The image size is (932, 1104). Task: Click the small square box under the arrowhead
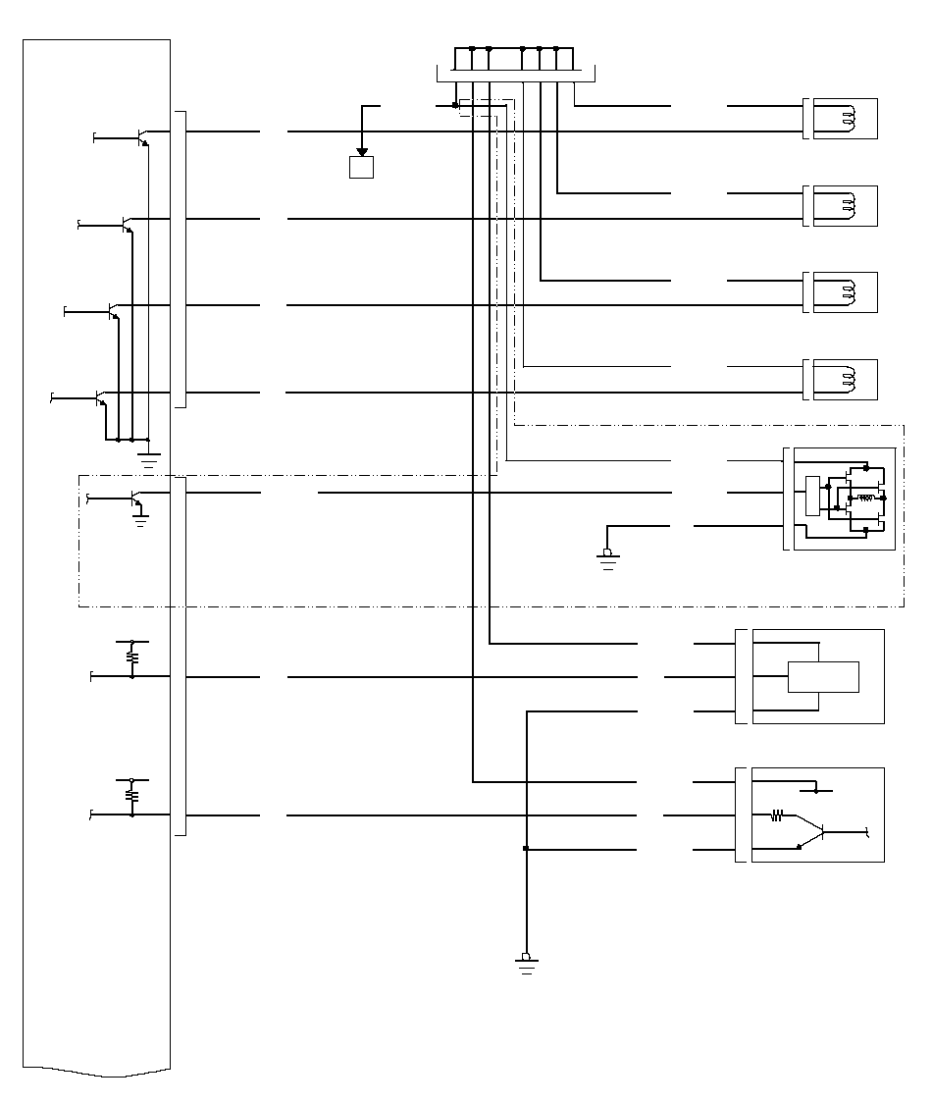point(361,168)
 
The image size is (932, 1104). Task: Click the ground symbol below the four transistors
point(148,457)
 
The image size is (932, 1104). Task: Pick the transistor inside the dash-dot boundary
point(135,499)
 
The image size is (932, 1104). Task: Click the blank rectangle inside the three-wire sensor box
point(823,677)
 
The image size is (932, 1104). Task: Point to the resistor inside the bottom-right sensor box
point(777,815)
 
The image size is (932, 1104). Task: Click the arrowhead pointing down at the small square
point(361,151)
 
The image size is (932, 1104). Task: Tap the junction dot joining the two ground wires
point(527,849)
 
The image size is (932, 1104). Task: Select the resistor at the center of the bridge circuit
point(866,499)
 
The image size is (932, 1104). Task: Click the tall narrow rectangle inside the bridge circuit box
point(811,495)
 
